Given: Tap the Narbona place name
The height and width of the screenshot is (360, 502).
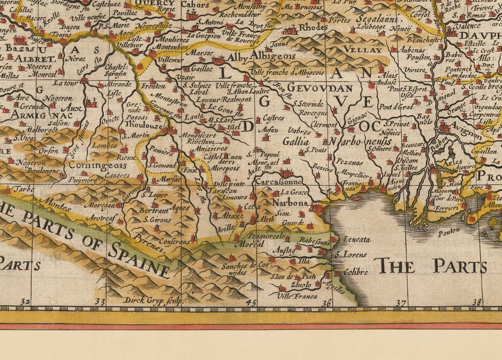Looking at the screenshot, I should pos(291,203).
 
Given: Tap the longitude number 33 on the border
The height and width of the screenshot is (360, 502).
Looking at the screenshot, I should pos(100,303).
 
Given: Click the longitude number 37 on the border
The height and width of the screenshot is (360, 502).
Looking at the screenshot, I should pos(400,303).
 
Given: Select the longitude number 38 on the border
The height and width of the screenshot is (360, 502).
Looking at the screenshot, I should pos(475,303).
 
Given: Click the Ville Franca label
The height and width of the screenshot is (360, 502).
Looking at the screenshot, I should pos(297,296).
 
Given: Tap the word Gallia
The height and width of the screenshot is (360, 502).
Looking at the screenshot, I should pos(296,142).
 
